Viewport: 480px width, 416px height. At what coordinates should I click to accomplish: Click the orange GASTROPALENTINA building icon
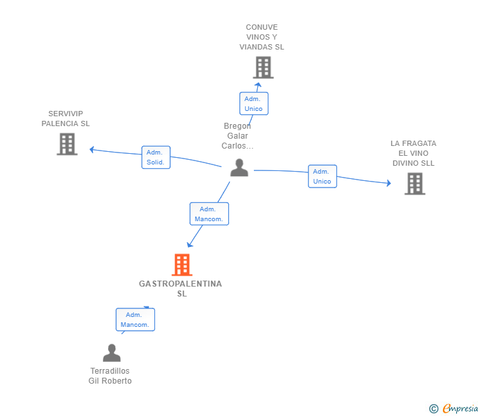pos(182,265)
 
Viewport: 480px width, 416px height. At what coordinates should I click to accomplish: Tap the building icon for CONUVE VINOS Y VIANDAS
pos(263,67)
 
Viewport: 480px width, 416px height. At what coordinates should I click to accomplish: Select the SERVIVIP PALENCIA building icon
pos(67,144)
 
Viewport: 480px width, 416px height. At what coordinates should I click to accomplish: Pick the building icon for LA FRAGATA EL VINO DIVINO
pos(415,184)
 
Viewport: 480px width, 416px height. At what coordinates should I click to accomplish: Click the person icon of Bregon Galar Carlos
pos(239,167)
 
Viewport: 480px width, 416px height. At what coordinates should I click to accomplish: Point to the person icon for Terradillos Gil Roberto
pos(111,353)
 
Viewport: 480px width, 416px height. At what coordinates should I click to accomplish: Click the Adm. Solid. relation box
pos(156,157)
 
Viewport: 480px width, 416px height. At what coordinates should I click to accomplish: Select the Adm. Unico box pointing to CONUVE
pos(254,104)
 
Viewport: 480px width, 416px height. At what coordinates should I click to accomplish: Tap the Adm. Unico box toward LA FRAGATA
pos(322,176)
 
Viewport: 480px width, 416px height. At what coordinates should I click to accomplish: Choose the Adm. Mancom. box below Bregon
pos(209,214)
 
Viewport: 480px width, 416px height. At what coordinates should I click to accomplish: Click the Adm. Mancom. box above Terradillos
pos(135,320)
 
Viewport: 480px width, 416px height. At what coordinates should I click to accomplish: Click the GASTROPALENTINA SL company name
pos(181,289)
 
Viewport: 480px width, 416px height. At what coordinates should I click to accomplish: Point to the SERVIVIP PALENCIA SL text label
pos(65,119)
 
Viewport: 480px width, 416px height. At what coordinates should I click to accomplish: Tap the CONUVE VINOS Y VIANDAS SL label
pos(262,37)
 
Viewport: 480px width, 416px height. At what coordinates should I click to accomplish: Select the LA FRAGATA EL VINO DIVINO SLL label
pos(413,153)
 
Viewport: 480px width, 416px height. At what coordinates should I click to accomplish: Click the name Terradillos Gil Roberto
pos(110,376)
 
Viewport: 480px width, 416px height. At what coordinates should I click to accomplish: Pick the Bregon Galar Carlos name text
pos(237,136)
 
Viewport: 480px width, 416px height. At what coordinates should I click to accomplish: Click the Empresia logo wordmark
pos(460,409)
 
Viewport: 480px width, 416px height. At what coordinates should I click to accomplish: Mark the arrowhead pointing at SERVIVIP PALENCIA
pos(92,150)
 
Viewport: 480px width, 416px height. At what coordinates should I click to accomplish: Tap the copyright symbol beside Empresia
pos(434,409)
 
